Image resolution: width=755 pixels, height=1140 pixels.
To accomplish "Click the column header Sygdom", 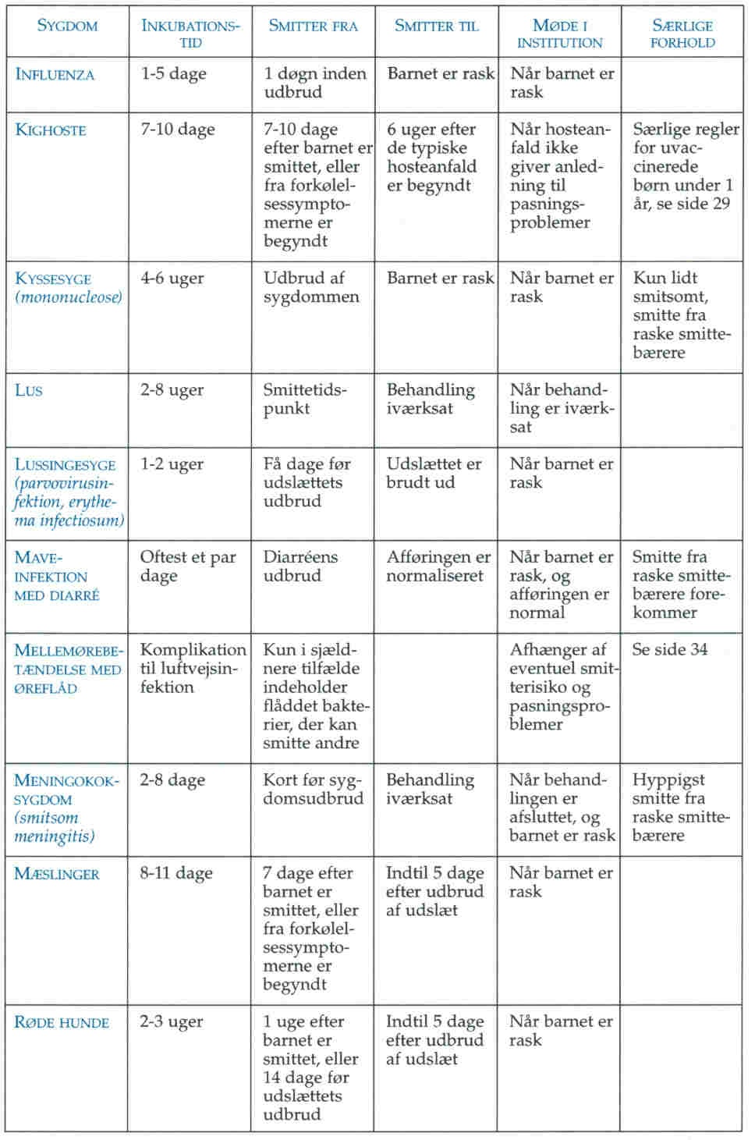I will click(67, 26).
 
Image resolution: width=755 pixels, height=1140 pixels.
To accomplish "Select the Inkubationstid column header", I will click(190, 34).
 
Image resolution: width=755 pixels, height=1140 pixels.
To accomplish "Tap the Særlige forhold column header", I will click(682, 34).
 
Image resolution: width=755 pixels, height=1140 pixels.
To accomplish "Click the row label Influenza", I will click(55, 75).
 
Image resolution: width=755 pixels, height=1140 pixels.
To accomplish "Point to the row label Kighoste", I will click(51, 130).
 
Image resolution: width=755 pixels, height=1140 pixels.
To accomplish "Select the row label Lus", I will click(29, 390).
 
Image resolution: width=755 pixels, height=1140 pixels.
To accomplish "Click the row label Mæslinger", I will click(57, 874).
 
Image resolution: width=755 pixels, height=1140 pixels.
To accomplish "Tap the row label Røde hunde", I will click(62, 1022).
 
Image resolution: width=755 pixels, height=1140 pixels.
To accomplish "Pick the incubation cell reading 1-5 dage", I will click(174, 74).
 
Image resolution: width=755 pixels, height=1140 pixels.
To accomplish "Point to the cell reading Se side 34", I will click(670, 650).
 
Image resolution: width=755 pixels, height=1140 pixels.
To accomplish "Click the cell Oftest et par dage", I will click(188, 566).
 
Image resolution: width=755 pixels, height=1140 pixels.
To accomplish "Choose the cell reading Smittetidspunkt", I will click(305, 399).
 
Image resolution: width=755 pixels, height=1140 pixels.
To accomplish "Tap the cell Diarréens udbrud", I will click(300, 566).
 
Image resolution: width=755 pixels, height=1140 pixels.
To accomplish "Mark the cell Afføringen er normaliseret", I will click(438, 566).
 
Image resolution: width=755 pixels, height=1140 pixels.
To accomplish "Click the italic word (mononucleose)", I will click(69, 297).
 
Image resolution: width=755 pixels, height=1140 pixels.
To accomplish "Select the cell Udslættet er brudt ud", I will click(434, 473).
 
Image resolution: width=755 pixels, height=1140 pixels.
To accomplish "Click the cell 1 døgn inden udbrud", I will click(315, 83).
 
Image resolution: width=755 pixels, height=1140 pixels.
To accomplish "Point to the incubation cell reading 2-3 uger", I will click(172, 1021).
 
